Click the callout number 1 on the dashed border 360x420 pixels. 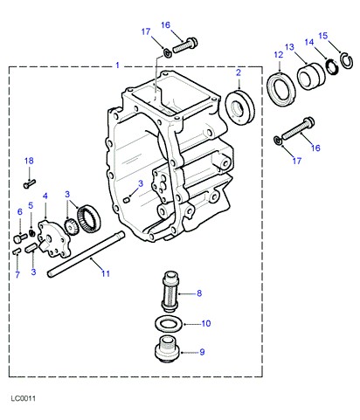tap(117, 65)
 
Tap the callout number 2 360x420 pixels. tap(239, 72)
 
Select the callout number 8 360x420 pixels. tap(199, 293)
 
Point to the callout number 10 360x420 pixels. tap(206, 323)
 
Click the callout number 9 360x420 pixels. tap(202, 352)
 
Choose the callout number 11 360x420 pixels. tap(106, 273)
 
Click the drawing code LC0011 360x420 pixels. tap(24, 398)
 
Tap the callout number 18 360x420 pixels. tap(29, 161)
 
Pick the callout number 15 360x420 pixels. tap(323, 36)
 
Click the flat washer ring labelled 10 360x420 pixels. tap(169, 323)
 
